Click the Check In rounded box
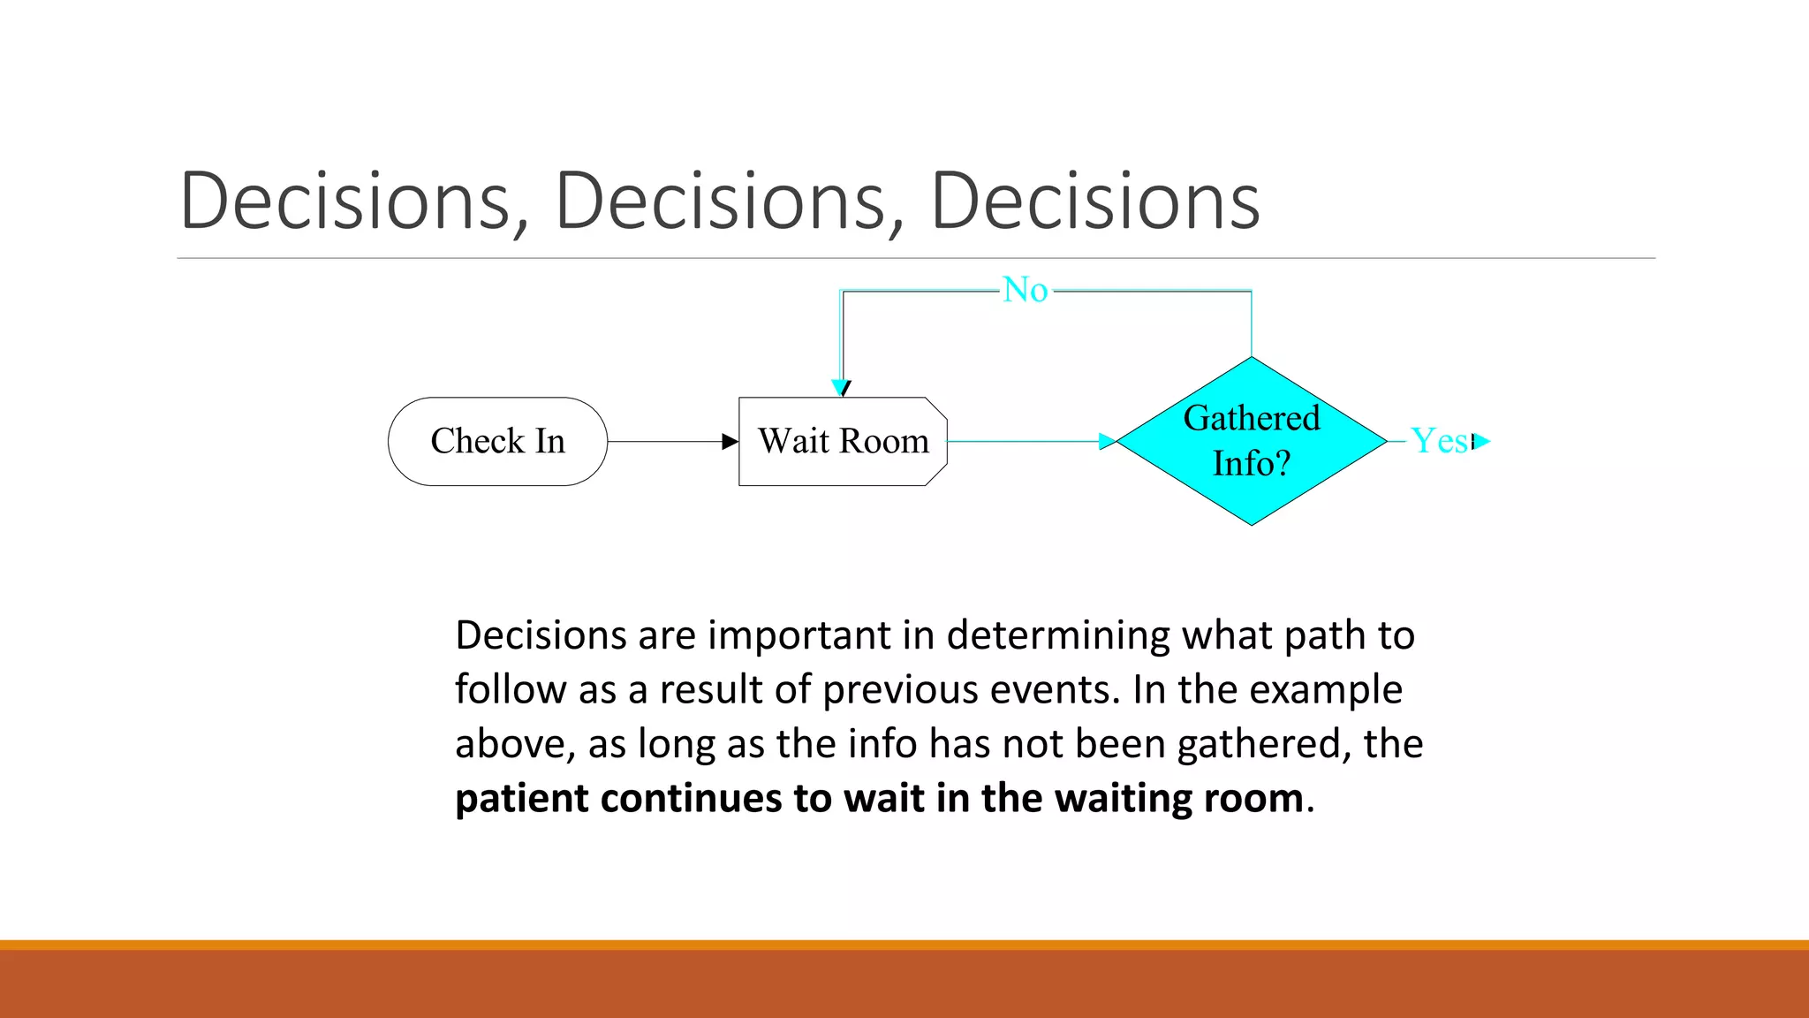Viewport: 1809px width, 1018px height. point(497,441)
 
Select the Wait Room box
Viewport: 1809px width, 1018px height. point(843,441)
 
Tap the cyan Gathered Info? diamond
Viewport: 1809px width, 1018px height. point(1252,441)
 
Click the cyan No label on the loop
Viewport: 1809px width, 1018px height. point(1025,290)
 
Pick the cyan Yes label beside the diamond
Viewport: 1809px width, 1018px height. point(1440,441)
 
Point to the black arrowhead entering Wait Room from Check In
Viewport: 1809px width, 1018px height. point(730,441)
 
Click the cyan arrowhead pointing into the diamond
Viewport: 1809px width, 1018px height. point(1107,441)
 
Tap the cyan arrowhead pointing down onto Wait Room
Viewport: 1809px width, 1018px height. point(840,387)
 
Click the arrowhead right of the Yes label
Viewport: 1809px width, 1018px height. point(1481,441)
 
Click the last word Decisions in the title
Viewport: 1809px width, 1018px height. point(1094,201)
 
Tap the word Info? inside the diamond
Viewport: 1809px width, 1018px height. point(1252,463)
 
